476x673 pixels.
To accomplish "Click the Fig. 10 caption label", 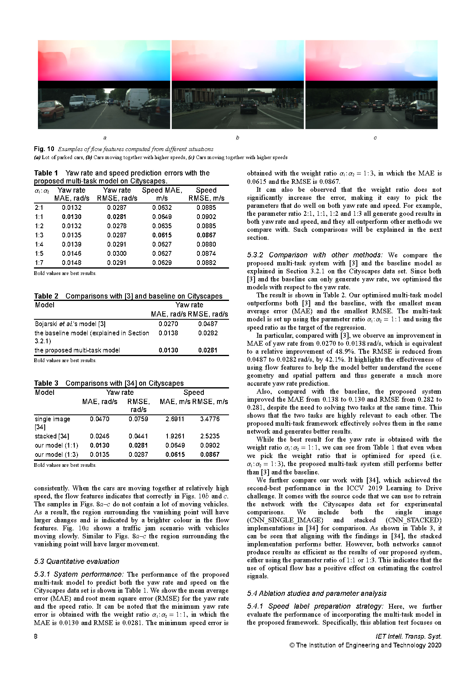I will [44, 149].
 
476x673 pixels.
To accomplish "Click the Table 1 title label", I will [46, 173].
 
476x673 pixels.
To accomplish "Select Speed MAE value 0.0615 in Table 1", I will [162, 235].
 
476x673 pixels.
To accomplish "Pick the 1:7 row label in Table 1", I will [39, 263].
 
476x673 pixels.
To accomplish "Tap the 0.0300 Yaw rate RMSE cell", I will [117, 253].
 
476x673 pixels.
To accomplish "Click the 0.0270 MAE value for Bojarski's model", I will [168, 324].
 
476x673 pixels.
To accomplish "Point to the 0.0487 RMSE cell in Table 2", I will [208, 324].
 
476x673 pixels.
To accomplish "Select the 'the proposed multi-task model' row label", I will [77, 350].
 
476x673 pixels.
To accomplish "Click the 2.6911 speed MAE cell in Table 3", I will [175, 419].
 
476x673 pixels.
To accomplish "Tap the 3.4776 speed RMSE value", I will [210, 419].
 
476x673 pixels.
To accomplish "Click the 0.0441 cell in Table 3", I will [138, 436].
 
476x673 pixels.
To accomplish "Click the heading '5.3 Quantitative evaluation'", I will [77, 561].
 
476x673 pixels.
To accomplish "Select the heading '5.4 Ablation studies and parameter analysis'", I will [317, 593].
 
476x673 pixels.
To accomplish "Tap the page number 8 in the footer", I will [36, 636].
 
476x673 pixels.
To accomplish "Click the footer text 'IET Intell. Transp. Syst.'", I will [408, 636].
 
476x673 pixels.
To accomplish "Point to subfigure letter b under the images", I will [237, 138].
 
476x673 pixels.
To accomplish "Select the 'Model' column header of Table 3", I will [45, 392].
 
